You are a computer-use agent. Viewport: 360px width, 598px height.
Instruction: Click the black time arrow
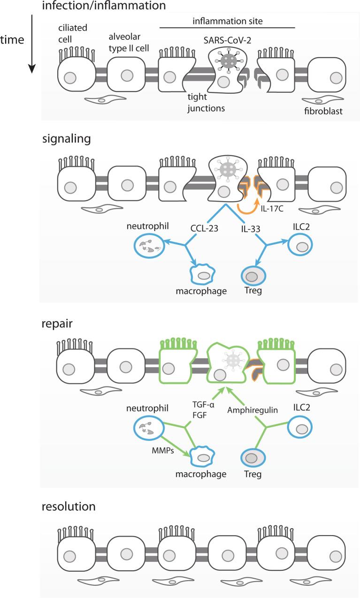[x=32, y=44]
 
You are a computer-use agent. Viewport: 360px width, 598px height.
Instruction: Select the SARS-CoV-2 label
[x=227, y=40]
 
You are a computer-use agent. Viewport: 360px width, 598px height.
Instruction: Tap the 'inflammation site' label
[x=228, y=21]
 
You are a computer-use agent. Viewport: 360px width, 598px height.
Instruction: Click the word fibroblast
[x=323, y=111]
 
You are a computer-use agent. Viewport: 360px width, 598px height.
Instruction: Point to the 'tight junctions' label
[x=206, y=103]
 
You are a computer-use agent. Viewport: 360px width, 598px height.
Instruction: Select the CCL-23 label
[x=204, y=228]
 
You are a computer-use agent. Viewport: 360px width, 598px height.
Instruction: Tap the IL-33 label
[x=251, y=229]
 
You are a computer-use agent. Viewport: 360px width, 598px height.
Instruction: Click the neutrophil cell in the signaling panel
[x=149, y=246]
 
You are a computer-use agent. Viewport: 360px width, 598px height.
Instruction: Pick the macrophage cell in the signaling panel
[x=202, y=274]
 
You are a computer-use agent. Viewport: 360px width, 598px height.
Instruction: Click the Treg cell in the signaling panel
[x=253, y=276]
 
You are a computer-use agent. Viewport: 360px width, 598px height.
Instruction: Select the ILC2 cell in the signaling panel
[x=300, y=244]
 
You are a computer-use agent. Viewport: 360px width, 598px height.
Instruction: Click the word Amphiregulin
[x=253, y=410]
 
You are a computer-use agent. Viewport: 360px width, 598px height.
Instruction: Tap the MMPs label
[x=163, y=451]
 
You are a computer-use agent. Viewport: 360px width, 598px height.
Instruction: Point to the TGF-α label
[x=204, y=405]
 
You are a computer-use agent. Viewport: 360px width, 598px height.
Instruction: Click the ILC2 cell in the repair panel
[x=299, y=427]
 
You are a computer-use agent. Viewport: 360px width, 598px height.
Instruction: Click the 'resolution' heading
[x=69, y=507]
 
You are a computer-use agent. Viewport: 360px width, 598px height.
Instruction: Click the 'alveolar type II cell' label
[x=129, y=43]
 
